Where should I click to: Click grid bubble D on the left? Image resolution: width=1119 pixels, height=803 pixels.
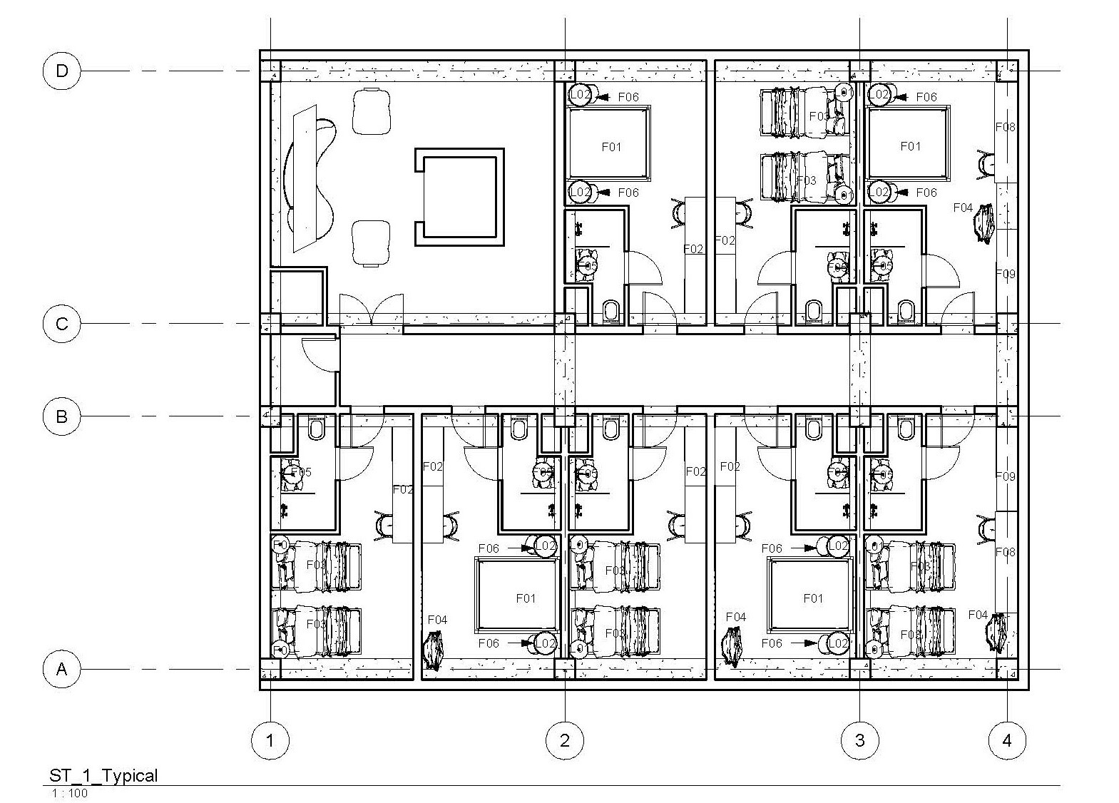click(x=62, y=71)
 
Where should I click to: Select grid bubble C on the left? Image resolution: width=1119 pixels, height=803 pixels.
click(x=62, y=324)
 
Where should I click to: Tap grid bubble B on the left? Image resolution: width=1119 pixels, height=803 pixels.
click(x=62, y=416)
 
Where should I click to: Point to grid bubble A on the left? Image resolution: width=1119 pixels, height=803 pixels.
click(x=62, y=670)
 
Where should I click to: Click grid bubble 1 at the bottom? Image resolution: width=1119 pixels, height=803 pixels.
click(x=270, y=740)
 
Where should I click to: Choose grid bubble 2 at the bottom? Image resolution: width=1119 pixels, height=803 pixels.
click(x=565, y=740)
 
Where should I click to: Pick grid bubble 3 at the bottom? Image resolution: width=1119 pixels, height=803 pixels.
click(x=859, y=740)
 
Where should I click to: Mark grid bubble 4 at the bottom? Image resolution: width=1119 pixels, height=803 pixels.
click(x=1007, y=740)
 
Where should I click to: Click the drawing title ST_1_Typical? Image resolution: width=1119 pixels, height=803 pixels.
click(x=103, y=775)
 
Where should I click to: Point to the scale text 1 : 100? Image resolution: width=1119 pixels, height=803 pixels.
click(x=69, y=793)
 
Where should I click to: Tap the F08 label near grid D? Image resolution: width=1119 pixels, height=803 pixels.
click(x=1005, y=128)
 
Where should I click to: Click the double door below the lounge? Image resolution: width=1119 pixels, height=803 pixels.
click(x=371, y=310)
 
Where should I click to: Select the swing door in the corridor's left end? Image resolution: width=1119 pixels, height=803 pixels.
click(x=319, y=353)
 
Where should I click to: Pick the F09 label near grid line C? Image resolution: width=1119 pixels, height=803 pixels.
click(x=1005, y=274)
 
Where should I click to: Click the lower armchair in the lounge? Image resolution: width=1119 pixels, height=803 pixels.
click(x=372, y=242)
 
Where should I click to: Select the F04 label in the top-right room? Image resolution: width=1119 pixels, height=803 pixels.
click(x=963, y=208)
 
